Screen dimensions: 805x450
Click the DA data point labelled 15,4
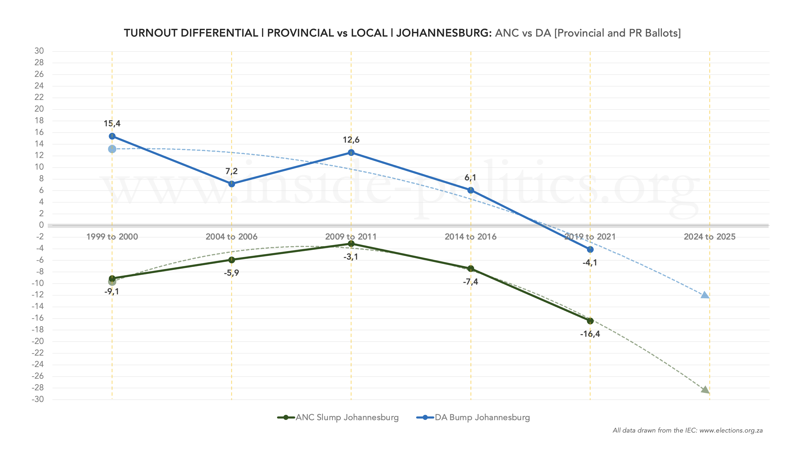click(112, 136)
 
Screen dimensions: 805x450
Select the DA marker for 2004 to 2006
click(232, 184)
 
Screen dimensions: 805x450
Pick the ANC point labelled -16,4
click(590, 321)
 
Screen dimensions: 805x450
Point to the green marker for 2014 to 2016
click(471, 269)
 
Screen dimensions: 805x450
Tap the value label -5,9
click(231, 273)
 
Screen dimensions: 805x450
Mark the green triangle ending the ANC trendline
click(705, 390)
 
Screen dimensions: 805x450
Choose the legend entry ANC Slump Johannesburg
click(338, 418)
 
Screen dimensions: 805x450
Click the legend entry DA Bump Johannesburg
click(473, 418)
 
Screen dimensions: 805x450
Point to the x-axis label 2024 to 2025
click(709, 237)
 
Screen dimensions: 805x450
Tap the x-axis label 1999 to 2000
click(112, 237)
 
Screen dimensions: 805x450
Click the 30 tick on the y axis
click(39, 51)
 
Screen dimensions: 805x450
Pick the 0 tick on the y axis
click(41, 225)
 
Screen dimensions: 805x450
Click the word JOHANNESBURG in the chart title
click(444, 33)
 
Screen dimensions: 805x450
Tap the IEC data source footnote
click(688, 430)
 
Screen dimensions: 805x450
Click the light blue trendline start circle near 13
click(112, 149)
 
